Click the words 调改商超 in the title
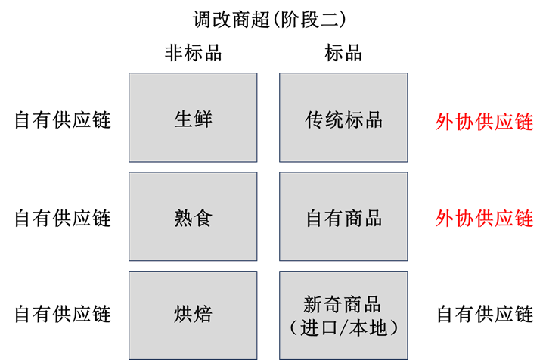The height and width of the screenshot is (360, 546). pyautogui.click(x=231, y=20)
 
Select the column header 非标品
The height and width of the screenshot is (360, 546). pyautogui.click(x=194, y=53)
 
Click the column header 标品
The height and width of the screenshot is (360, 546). pyautogui.click(x=343, y=53)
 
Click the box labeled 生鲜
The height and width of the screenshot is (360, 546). pyautogui.click(x=193, y=117)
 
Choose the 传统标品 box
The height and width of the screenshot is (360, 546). pyautogui.click(x=343, y=117)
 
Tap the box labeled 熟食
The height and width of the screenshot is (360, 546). pyautogui.click(x=193, y=216)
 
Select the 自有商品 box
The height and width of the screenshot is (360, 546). pyautogui.click(x=343, y=216)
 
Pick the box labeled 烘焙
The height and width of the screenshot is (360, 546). pyautogui.click(x=193, y=315)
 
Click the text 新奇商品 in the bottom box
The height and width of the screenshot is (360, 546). pyautogui.click(x=343, y=304)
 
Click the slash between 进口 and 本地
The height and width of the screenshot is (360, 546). pyautogui.click(x=343, y=328)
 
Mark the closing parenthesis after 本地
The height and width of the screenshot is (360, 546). pyautogui.click(x=393, y=328)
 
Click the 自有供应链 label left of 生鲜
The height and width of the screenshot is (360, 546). pyautogui.click(x=63, y=120)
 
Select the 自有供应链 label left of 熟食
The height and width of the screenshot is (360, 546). pyautogui.click(x=63, y=219)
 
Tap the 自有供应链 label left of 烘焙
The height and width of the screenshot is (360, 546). pyautogui.click(x=63, y=314)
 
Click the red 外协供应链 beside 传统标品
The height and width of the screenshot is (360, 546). pyautogui.click(x=484, y=122)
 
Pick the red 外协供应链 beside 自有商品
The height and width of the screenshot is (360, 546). pyautogui.click(x=484, y=219)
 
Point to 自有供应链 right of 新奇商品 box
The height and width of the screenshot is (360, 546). pyautogui.click(x=485, y=314)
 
